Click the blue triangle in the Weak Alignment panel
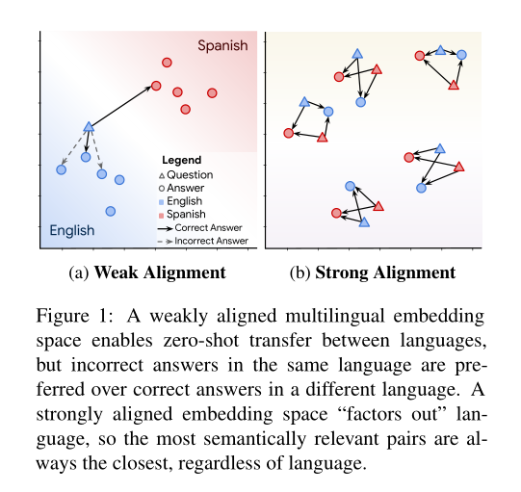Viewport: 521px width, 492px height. coord(89,126)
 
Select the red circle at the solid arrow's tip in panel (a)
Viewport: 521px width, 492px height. coord(156,86)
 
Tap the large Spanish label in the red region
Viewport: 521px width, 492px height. coord(222,45)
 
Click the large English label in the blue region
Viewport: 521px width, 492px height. coord(72,230)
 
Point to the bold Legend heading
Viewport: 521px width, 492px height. coord(182,159)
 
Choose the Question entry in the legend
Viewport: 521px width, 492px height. coord(190,175)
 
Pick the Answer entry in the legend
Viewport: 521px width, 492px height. coord(186,189)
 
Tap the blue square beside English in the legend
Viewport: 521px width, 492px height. coord(162,202)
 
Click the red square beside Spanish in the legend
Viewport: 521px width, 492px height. coord(162,215)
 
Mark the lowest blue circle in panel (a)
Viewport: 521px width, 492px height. coord(111,211)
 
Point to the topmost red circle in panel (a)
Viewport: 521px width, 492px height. coord(167,62)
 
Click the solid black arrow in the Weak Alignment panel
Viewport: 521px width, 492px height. coord(122,106)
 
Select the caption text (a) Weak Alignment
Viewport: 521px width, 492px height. coord(148,272)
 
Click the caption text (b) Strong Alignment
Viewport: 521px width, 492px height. coord(373,272)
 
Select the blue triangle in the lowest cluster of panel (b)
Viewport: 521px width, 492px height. coord(364,222)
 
